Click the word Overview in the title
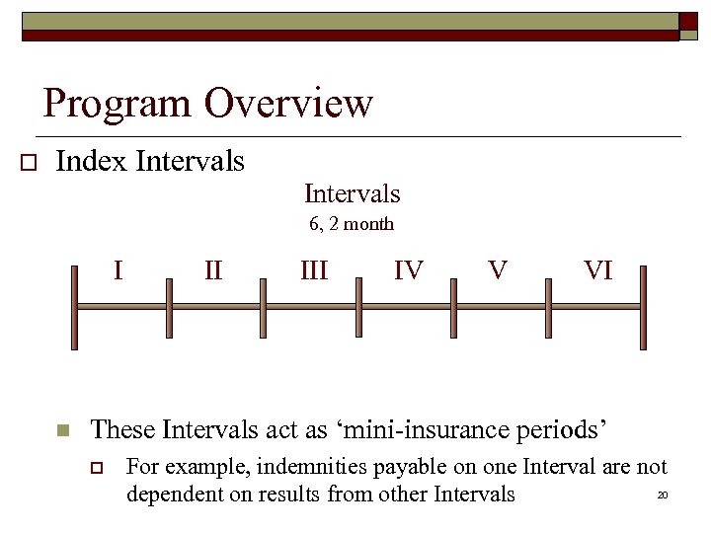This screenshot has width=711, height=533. point(289,103)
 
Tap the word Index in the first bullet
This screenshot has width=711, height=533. point(92,160)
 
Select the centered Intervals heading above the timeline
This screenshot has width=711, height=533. point(352,193)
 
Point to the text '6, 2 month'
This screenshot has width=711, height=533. point(352,224)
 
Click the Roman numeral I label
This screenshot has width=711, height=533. point(118,268)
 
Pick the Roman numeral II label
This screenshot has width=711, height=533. point(213,268)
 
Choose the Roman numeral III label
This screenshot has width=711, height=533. point(314,269)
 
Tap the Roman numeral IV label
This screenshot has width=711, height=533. point(408,269)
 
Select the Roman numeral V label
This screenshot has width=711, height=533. point(499,268)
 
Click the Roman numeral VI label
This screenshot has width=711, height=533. point(598,269)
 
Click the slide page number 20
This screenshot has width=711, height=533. point(663,495)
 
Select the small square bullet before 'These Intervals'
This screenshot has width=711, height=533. point(62,430)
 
